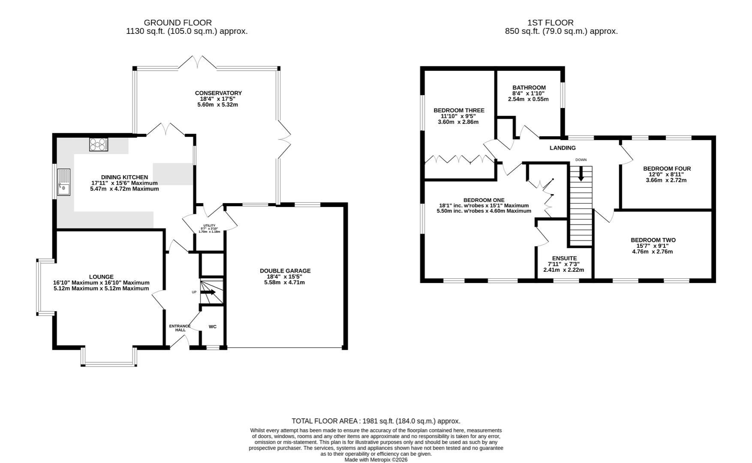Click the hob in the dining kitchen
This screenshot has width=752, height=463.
point(99,144)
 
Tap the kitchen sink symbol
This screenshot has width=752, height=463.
point(63,182)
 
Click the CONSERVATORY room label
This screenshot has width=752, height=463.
point(218,93)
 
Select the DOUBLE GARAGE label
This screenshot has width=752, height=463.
point(285,271)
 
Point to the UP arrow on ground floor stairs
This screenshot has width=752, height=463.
point(208,292)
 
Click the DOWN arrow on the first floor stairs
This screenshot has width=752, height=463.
point(581,174)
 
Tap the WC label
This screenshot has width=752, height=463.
point(213,327)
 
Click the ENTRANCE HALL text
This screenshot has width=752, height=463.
point(180,328)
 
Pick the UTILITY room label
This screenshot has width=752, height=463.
point(209,225)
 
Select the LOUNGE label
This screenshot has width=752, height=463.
point(101,277)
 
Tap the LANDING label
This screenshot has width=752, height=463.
point(562,148)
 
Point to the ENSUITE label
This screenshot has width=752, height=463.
point(564,258)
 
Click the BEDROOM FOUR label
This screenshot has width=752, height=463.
point(667,168)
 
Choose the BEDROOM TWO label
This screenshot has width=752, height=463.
point(653,240)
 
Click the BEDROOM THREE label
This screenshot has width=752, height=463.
point(459,110)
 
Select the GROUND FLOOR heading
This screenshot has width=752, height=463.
point(177,23)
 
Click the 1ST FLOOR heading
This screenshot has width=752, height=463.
point(550,23)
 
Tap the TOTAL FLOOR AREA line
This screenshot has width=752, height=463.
point(376,421)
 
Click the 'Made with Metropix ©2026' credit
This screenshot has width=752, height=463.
point(376,460)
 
